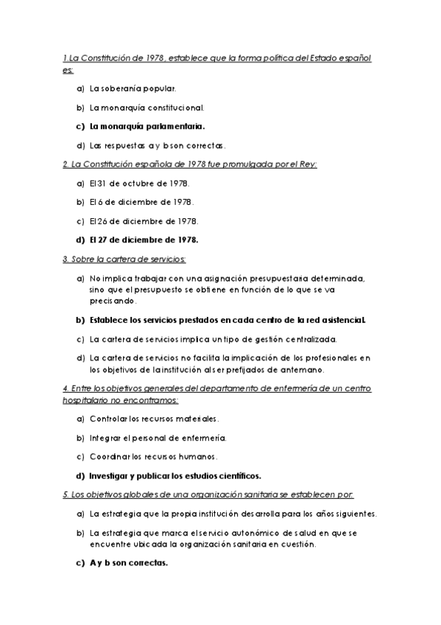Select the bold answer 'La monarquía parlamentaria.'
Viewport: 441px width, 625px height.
[x=147, y=125]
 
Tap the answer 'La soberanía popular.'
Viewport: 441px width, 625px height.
[x=133, y=88]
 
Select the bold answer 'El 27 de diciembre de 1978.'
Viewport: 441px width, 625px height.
[x=144, y=240]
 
